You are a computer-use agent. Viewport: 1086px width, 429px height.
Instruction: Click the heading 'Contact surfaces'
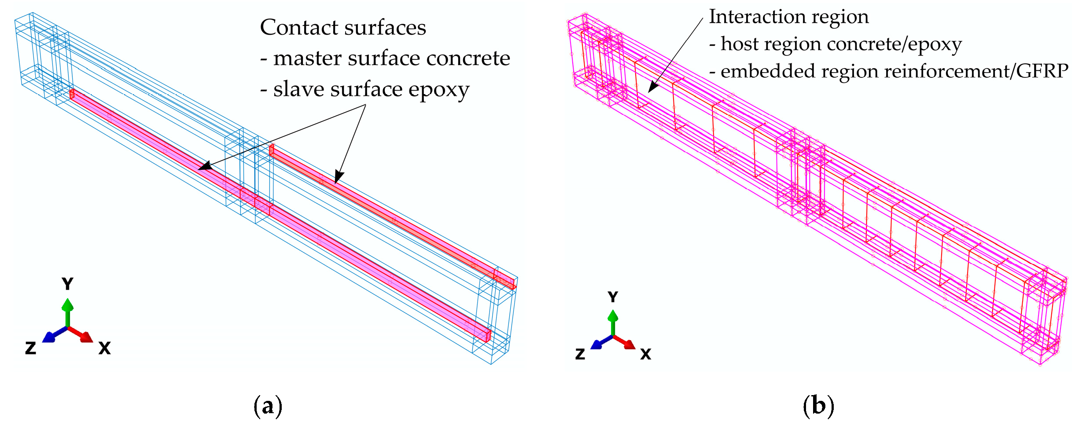[342, 27]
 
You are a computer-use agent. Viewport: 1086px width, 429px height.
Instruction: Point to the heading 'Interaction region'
[788, 17]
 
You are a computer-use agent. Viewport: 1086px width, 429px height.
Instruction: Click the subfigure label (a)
[268, 406]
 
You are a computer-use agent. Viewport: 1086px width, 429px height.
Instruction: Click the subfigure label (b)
[818, 406]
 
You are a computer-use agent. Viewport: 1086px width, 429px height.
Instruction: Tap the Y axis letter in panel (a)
[67, 284]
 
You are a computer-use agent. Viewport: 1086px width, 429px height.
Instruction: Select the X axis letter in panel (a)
[104, 348]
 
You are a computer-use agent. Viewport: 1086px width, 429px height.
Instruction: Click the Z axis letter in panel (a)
[30, 348]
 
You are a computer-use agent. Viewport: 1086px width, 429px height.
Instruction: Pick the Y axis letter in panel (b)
[612, 297]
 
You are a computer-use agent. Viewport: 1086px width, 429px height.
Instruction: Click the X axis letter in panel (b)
[645, 354]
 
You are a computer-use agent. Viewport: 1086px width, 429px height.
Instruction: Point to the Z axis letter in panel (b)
[580, 354]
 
